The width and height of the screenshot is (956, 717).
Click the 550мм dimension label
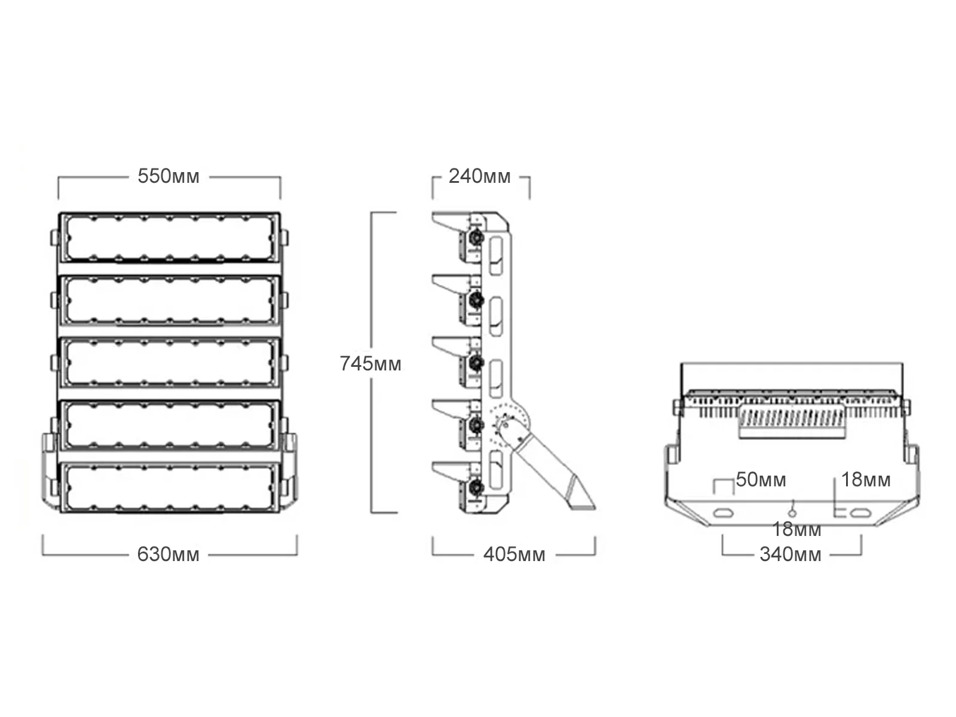[x=168, y=177]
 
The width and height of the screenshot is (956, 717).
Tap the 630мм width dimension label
[x=168, y=554]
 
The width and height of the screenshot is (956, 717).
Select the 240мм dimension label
[x=480, y=177]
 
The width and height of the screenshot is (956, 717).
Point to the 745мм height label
[x=370, y=363]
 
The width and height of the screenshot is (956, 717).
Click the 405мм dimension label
[x=514, y=554]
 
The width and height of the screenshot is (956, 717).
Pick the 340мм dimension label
[x=790, y=554]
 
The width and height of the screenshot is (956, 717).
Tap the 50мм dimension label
[x=761, y=480]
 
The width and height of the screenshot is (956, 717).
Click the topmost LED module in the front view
[x=169, y=237]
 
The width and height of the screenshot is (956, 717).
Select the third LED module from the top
[x=169, y=363]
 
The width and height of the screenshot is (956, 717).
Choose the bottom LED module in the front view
[x=169, y=488]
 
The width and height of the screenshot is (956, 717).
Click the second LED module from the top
[x=169, y=300]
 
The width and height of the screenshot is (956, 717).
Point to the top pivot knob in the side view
[x=476, y=237]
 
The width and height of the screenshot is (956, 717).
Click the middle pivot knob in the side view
[x=476, y=363]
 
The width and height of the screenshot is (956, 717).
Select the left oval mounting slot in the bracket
[x=725, y=513]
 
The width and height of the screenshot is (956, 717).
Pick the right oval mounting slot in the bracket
[x=861, y=513]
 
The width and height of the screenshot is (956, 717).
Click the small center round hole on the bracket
[x=793, y=512]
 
